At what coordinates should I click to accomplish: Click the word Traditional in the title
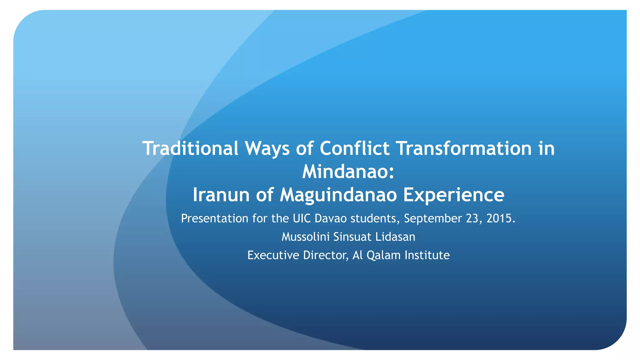[190, 148]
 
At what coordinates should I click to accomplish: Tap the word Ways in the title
[267, 148]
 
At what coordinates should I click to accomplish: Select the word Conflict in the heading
[354, 148]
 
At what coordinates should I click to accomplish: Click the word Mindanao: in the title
[348, 172]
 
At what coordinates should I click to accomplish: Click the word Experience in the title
[453, 195]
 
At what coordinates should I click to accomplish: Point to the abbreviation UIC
[302, 218]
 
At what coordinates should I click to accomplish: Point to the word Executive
[273, 255]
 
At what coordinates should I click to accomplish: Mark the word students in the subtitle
[375, 218]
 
